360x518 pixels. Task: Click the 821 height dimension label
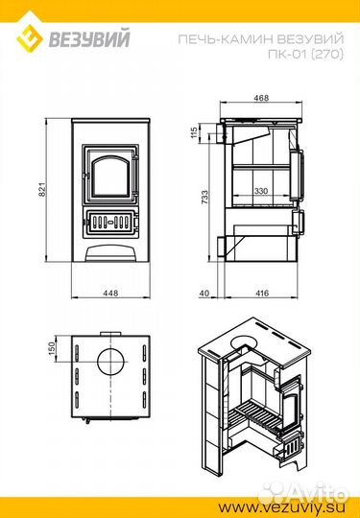(x=42, y=190)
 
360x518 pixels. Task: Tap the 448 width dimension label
(x=110, y=293)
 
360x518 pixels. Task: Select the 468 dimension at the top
(x=261, y=98)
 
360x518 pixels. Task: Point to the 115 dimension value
(x=194, y=132)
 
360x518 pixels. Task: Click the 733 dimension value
(x=204, y=197)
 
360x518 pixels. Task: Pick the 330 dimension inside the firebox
(x=261, y=191)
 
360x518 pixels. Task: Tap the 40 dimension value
(x=204, y=293)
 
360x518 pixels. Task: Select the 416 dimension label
(x=262, y=293)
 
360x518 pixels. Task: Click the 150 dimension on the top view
(x=52, y=348)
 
